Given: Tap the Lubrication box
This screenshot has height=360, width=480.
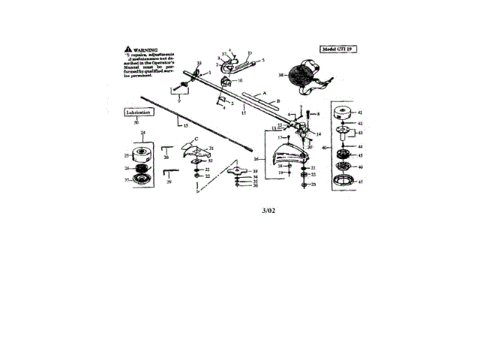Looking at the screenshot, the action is (138, 112).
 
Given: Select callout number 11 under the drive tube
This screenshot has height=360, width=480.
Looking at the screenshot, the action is (244, 110).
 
